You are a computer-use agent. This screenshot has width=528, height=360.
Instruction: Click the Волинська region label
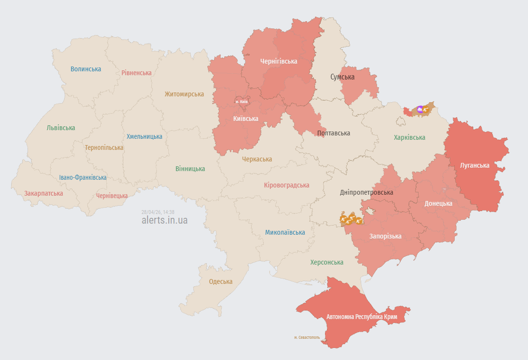click(x=86, y=69)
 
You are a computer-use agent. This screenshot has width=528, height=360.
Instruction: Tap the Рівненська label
click(x=136, y=73)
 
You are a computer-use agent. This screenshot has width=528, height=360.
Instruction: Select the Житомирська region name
click(x=184, y=94)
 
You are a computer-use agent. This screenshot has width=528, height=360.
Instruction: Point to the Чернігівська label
click(x=279, y=61)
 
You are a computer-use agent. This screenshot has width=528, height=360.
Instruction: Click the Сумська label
click(x=342, y=77)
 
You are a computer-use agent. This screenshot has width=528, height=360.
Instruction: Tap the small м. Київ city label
click(x=241, y=102)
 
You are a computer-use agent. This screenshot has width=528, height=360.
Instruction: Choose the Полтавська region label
click(x=334, y=133)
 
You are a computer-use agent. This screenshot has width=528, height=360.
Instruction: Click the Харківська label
click(x=409, y=137)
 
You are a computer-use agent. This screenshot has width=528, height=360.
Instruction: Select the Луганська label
click(x=474, y=165)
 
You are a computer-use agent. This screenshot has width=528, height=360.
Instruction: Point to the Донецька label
click(x=438, y=203)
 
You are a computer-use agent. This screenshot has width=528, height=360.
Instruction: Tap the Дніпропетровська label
click(x=366, y=192)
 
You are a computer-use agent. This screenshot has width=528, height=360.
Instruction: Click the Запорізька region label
click(x=385, y=236)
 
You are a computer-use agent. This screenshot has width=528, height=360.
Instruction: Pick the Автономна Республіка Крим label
click(x=362, y=317)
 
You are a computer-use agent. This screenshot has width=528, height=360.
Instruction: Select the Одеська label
click(x=220, y=281)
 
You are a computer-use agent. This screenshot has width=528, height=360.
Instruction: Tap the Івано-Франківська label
click(x=83, y=177)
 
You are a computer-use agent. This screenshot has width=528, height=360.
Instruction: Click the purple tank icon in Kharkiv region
click(x=420, y=110)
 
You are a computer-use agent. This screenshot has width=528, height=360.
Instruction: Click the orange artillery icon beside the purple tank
click(x=426, y=110)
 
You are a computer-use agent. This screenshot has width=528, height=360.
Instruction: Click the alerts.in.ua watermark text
click(x=164, y=220)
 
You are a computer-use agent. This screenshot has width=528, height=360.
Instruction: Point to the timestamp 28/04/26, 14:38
click(x=158, y=212)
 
